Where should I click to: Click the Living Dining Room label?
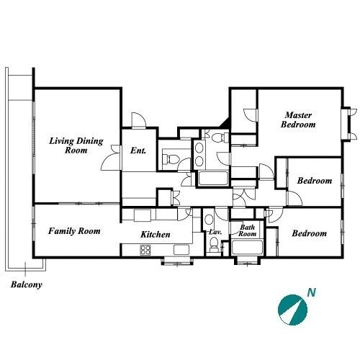pyautogui.click(x=76, y=145)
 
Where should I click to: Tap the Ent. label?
pyautogui.click(x=138, y=150)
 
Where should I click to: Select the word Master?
pyautogui.click(x=298, y=115)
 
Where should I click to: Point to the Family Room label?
pyautogui.click(x=74, y=231)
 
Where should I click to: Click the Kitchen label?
pyautogui.click(x=156, y=234)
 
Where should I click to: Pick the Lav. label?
pyautogui.click(x=215, y=232)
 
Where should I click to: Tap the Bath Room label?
pyautogui.click(x=247, y=230)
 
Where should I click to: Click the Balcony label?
pyautogui.click(x=27, y=284)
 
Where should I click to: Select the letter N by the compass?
pyautogui.click(x=312, y=292)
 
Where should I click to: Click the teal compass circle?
pyautogui.click(x=292, y=310)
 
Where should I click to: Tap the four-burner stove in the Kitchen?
pyautogui.click(x=145, y=250)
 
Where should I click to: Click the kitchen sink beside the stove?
pyautogui.click(x=181, y=250)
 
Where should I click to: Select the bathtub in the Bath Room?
pyautogui.click(x=247, y=248)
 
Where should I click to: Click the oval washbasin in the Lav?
pyautogui.click(x=210, y=219)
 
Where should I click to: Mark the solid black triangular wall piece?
pyautogui.click(x=225, y=123)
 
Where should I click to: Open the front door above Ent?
pyautogui.click(x=139, y=120)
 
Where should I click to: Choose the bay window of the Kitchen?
pyautogui.click(x=177, y=261)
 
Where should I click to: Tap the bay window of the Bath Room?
pyautogui.click(x=247, y=261)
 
